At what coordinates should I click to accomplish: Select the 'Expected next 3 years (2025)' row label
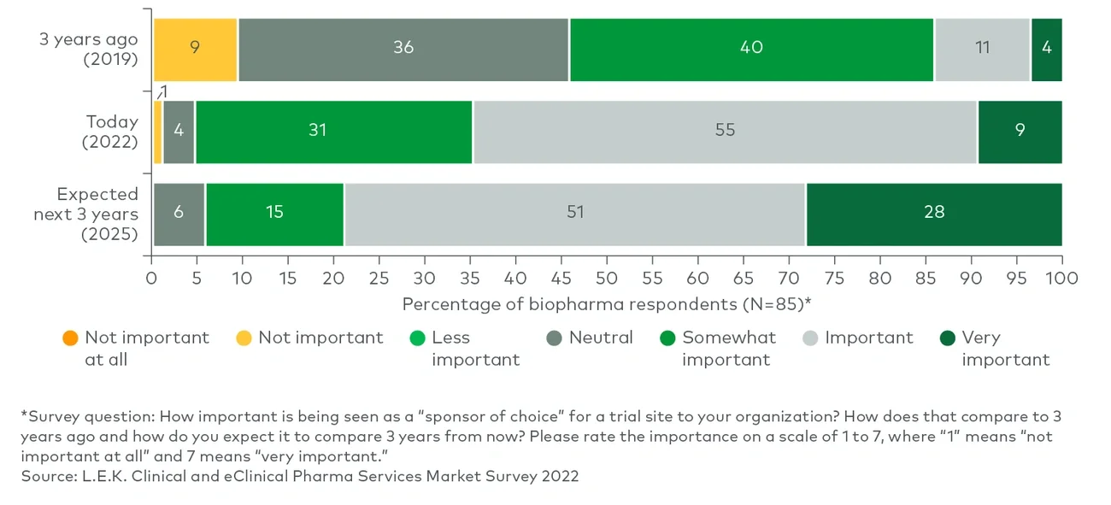click(85, 214)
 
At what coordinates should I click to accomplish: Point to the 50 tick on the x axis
click(607, 279)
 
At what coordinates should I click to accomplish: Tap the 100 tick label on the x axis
click(1061, 279)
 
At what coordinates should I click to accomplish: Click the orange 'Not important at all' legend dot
click(70, 338)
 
